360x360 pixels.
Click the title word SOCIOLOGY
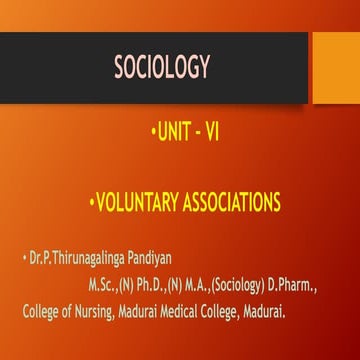click(162, 67)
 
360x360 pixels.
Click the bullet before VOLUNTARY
click(91, 203)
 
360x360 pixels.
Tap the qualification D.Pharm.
click(292, 288)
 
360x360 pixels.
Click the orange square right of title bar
click(336, 67)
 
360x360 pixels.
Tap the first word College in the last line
click(42, 312)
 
